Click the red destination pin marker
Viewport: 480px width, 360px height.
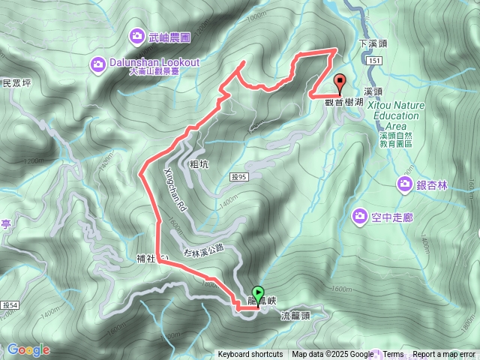[338, 83]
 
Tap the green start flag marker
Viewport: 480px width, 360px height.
[259, 293]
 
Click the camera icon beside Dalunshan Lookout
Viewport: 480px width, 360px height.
[98, 64]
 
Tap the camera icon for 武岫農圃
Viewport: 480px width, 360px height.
[136, 34]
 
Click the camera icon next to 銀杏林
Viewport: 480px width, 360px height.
[405, 184]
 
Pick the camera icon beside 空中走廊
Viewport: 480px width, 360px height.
[360, 217]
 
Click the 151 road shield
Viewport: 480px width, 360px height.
[376, 60]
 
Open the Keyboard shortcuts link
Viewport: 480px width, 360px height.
[250, 355]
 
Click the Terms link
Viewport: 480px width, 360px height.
[394, 355]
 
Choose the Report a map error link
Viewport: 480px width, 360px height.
[445, 355]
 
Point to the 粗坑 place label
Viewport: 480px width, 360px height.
[199, 163]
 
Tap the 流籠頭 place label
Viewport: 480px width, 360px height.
[295, 315]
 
